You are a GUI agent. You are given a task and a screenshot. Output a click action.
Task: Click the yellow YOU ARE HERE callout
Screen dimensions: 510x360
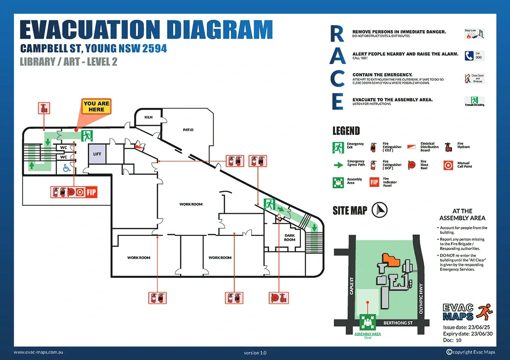tap(96, 107)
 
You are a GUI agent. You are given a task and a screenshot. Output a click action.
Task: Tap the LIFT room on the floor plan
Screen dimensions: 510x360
tap(97, 154)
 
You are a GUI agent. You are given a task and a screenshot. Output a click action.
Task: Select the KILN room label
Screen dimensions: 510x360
tap(149, 117)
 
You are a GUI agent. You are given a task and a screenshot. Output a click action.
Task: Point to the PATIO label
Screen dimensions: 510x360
tap(188, 130)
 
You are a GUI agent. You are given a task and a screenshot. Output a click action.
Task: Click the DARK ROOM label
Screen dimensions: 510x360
tap(289, 237)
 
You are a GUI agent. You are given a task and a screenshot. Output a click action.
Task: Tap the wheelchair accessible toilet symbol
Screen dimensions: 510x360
tap(66, 167)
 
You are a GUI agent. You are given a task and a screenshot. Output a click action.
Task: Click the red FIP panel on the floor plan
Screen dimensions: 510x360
tap(91, 192)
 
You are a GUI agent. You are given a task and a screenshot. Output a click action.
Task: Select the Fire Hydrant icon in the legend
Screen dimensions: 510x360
tap(448, 146)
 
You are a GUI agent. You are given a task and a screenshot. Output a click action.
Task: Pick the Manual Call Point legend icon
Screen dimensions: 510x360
tap(448, 165)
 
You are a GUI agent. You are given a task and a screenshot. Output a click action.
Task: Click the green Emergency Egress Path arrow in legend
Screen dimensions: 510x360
tap(338, 165)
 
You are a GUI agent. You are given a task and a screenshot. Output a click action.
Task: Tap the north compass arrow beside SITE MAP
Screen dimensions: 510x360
tap(379, 209)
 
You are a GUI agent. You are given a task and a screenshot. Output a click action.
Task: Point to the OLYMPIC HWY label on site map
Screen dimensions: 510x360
tap(421, 298)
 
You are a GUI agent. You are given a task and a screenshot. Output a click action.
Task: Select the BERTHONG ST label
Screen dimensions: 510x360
tap(398, 323)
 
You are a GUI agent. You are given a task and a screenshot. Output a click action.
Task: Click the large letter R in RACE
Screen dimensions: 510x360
tap(337, 34)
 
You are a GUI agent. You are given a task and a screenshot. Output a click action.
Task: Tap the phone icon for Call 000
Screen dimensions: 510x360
tap(469, 56)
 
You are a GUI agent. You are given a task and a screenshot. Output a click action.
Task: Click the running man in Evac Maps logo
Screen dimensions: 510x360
tap(483, 311)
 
